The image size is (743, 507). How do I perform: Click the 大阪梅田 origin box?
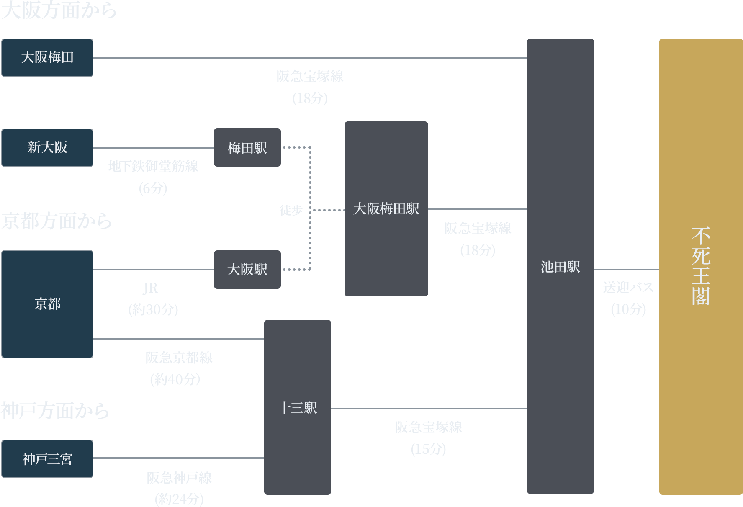[x=47, y=58]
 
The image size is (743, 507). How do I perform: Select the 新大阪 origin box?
[x=47, y=148]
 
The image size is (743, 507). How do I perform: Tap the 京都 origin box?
[x=47, y=304]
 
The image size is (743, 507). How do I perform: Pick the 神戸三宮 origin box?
[x=47, y=459]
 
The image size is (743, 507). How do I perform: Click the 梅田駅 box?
[x=247, y=148]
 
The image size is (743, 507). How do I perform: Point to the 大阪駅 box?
[x=247, y=270]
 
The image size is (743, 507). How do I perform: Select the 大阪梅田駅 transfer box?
[x=386, y=209]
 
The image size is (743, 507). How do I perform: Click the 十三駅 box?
[x=297, y=407]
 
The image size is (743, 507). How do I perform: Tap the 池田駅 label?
[x=560, y=267]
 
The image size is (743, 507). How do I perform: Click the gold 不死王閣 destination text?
[x=701, y=267]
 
